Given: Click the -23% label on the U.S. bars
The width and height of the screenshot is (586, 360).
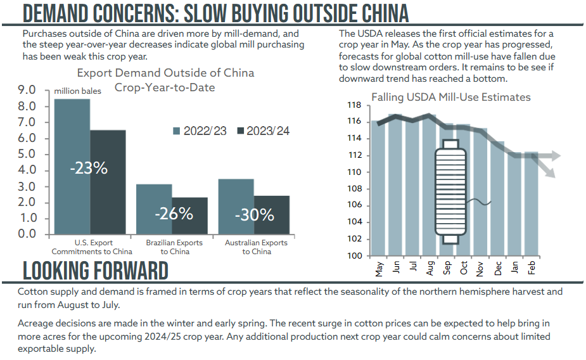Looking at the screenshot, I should pyautogui.click(x=89, y=169).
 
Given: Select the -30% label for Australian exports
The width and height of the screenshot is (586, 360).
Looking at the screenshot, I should pyautogui.click(x=254, y=215).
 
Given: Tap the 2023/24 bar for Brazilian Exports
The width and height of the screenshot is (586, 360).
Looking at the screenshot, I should pyautogui.click(x=189, y=216).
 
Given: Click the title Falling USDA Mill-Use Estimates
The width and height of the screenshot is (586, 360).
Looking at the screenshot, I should pyautogui.click(x=450, y=97).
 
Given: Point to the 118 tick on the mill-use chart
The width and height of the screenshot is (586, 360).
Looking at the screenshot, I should pyautogui.click(x=354, y=105).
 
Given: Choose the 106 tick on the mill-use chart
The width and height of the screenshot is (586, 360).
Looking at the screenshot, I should pyautogui.click(x=354, y=205).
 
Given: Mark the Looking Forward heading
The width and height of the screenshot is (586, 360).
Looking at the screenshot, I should pyautogui.click(x=96, y=271).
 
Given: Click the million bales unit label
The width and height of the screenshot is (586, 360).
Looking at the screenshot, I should pyautogui.click(x=77, y=91).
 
